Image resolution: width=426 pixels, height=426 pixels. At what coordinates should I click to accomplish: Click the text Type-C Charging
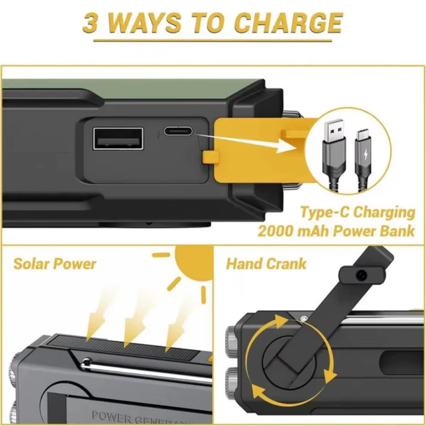pos(357,212)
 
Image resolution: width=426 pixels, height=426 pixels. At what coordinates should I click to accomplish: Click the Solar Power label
pos(55,264)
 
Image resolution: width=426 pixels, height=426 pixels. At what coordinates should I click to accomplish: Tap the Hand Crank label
pos(266,264)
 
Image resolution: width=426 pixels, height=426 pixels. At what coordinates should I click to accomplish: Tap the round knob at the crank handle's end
pos(361,275)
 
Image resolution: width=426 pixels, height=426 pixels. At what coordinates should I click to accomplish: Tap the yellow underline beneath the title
pos(213,41)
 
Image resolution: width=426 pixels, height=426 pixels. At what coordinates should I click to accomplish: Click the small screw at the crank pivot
pos(303,319)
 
